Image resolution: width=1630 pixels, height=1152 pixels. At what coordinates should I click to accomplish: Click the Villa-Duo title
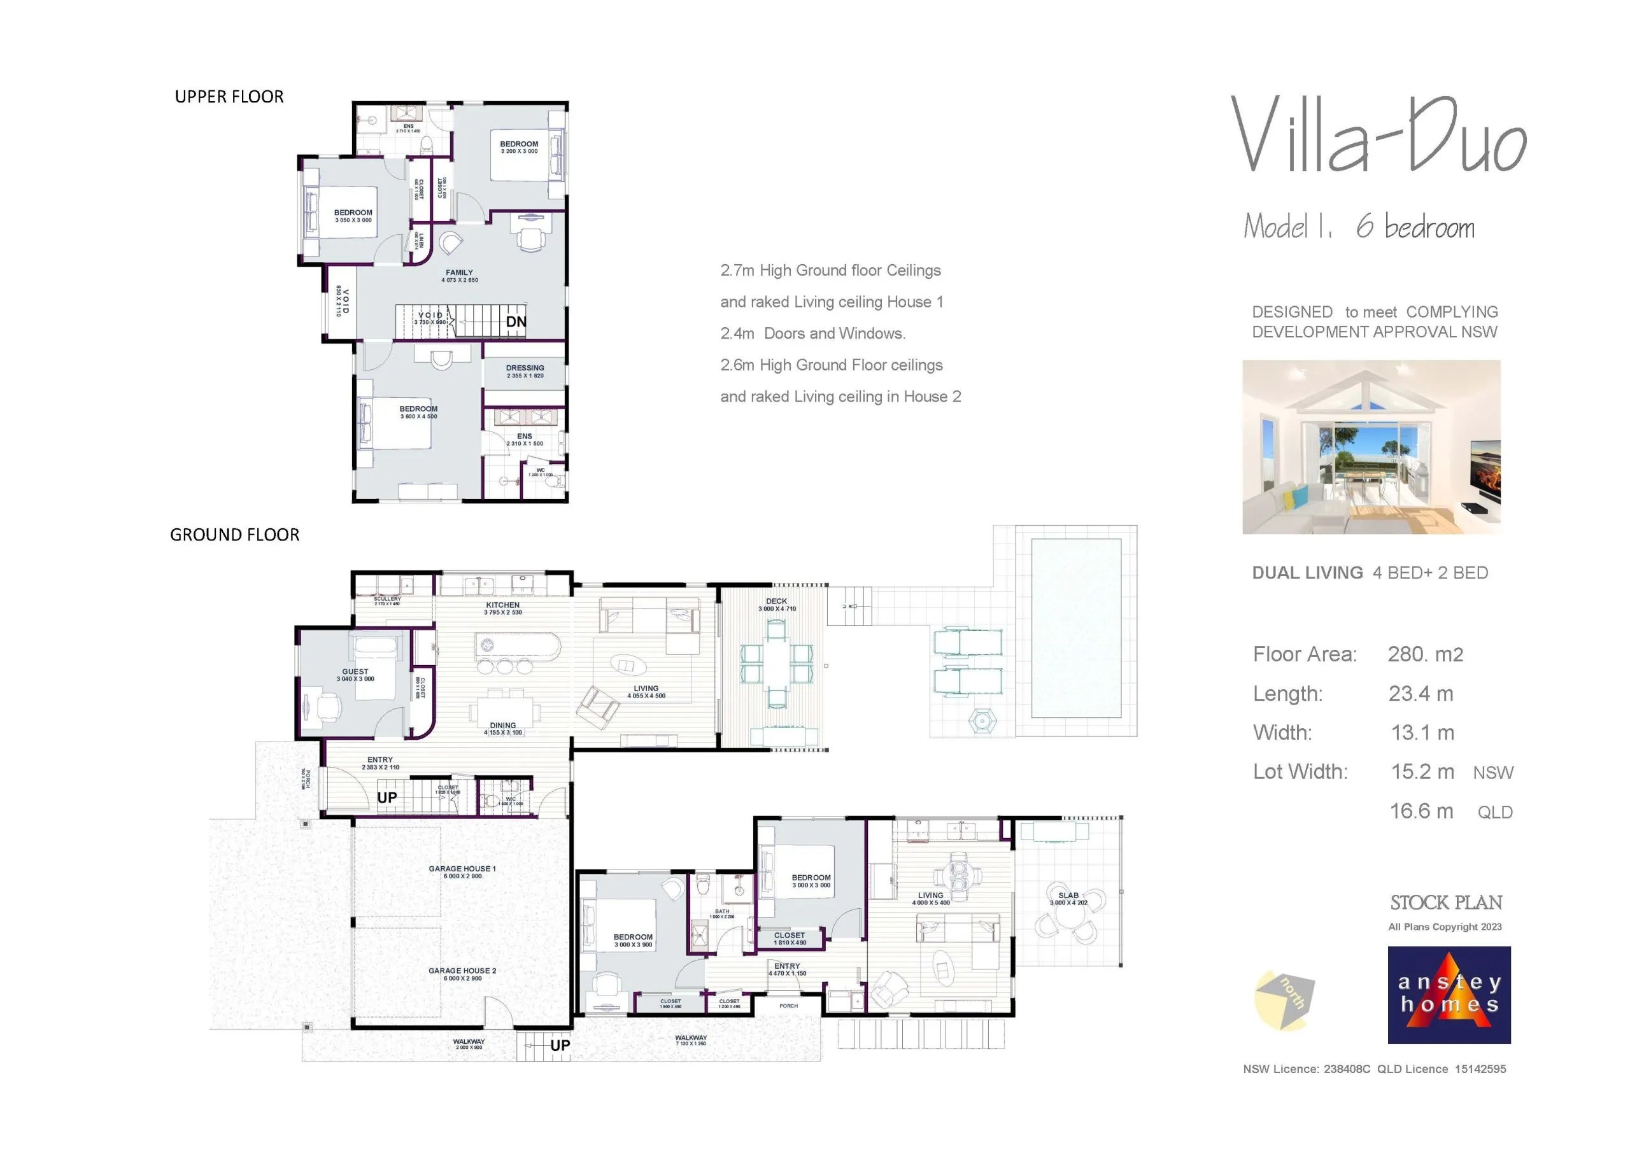(1378, 136)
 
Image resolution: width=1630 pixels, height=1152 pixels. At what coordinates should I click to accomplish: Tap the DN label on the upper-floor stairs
(516, 321)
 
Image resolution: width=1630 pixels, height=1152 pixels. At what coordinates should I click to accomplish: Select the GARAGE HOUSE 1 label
(462, 869)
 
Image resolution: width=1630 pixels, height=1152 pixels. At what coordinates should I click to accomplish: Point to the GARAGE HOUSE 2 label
(462, 971)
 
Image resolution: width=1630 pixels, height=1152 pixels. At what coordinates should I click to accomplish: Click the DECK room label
(776, 602)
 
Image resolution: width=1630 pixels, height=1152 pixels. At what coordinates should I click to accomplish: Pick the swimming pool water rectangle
(1075, 628)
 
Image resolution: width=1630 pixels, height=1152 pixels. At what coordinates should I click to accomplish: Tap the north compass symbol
(1285, 1001)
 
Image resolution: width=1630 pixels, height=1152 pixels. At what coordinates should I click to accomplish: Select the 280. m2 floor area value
(1425, 654)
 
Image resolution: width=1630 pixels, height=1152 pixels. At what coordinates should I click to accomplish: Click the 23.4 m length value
(1421, 694)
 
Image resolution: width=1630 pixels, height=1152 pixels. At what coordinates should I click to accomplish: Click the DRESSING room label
(525, 369)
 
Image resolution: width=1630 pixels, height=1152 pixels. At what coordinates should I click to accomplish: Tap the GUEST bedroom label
(355, 671)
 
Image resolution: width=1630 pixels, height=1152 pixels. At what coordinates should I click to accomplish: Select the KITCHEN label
(502, 605)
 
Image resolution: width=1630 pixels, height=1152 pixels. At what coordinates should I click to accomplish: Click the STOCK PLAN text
(1445, 903)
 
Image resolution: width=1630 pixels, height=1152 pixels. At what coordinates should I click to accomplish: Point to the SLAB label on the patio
(1068, 896)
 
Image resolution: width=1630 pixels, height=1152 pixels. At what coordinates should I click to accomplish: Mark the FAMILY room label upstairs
(459, 272)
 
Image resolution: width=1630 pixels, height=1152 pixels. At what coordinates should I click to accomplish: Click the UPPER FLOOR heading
(229, 97)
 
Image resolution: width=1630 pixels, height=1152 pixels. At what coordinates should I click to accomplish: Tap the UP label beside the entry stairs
(387, 798)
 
